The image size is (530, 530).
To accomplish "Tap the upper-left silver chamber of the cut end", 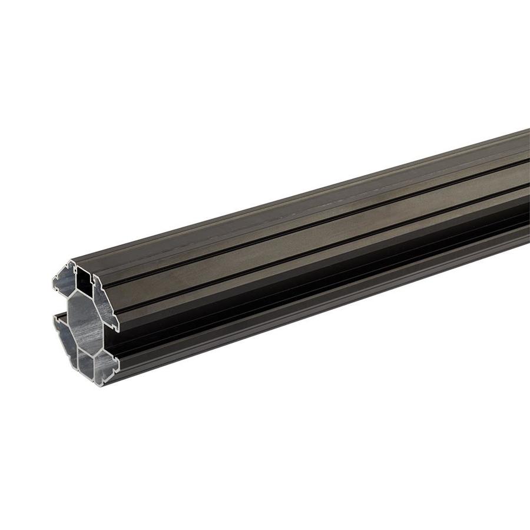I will [65, 279].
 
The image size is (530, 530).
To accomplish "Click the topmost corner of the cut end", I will [74, 261].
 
